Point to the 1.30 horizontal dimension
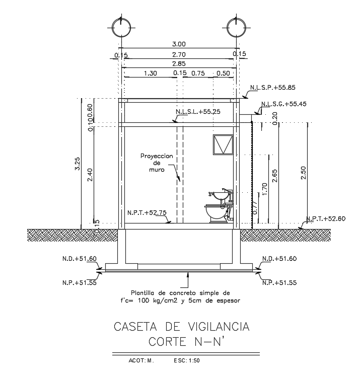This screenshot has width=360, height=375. tap(151, 73)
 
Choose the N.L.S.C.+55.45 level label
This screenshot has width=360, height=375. tap(282, 104)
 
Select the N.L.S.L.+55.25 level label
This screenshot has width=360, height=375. tap(198, 112)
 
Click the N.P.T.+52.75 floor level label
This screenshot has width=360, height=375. tap(147, 213)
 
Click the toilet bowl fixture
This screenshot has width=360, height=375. tap(216, 213)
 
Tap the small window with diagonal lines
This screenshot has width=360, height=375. tap(222, 144)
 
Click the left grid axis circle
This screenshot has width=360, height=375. tap(122, 26)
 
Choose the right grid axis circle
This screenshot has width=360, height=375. tap(237, 26)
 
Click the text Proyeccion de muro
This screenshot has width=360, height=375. tap(157, 163)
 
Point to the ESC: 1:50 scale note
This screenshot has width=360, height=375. tap(187, 360)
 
